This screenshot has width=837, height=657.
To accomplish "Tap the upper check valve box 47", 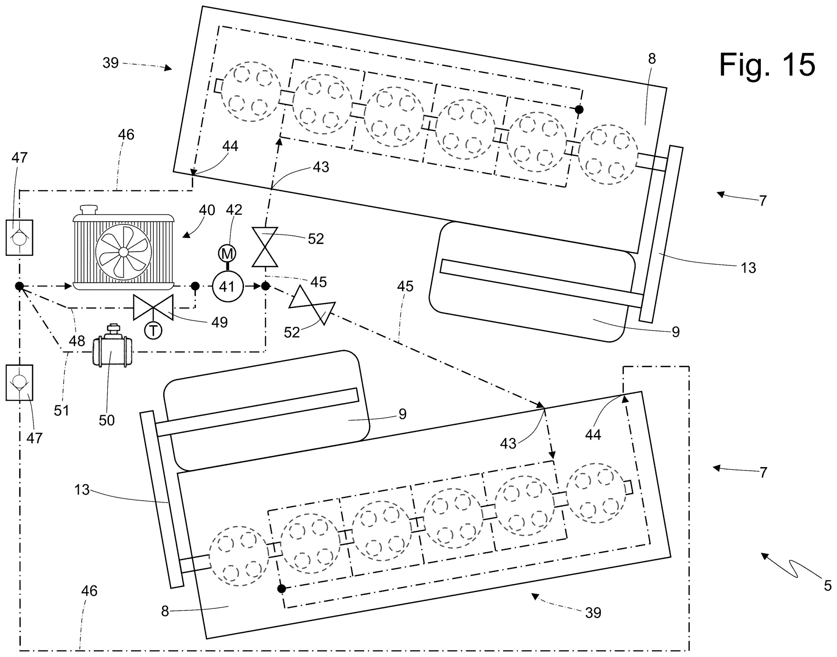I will [x=19, y=237].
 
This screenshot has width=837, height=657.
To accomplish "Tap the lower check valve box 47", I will [x=19, y=382].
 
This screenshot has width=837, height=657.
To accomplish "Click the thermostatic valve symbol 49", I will [x=153, y=307].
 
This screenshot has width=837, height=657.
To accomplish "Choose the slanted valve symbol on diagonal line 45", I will [x=312, y=305].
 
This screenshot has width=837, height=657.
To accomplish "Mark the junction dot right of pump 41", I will [x=265, y=286].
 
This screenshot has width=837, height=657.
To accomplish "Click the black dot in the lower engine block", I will [x=282, y=589].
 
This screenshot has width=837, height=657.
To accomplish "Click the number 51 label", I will [x=61, y=411].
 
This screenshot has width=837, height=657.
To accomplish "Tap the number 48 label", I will [x=77, y=341].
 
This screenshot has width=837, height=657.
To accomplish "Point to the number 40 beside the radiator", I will [x=207, y=210].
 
